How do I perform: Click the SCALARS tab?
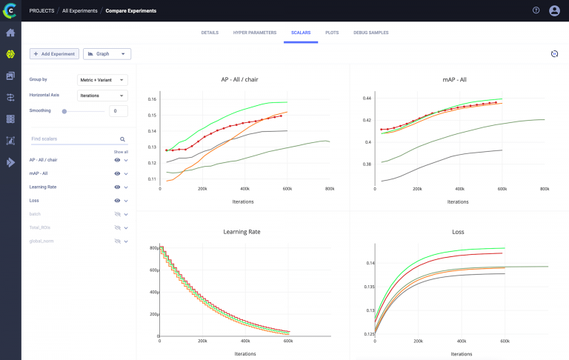[301, 33]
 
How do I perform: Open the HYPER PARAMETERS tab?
[255, 33]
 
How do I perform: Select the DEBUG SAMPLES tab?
[371, 33]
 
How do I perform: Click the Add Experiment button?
[54, 54]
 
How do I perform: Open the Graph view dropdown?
[107, 54]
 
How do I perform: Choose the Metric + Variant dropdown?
[102, 79]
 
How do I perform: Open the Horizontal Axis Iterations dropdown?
[102, 96]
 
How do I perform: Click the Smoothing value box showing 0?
[119, 111]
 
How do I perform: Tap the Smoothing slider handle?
[64, 111]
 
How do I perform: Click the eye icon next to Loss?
[117, 201]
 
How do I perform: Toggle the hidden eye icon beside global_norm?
[117, 241]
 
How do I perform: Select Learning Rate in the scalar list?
[43, 187]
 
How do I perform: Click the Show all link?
[121, 151]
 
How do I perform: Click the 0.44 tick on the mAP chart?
[366, 99]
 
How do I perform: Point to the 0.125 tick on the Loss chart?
[367, 334]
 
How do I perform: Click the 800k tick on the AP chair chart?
[330, 189]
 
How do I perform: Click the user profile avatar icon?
[554, 10]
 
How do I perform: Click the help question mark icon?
[536, 10]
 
